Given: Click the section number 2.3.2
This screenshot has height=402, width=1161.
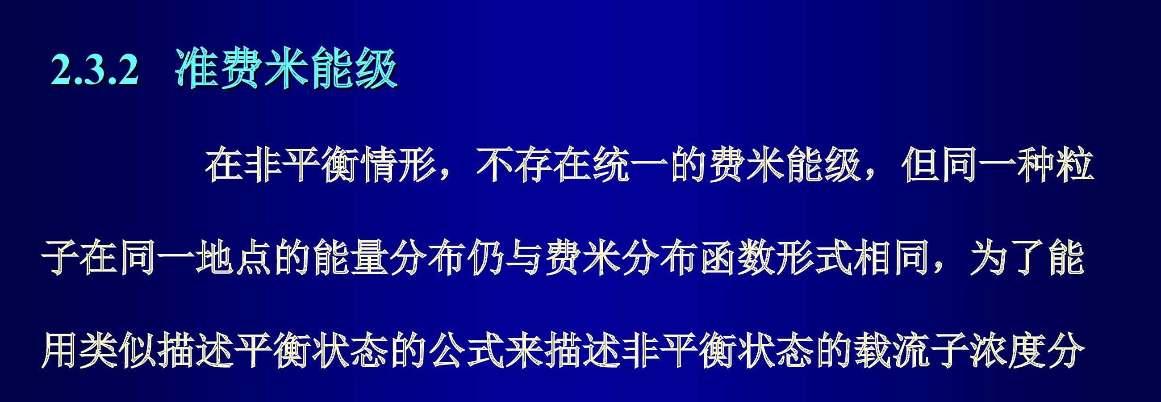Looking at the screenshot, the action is (x=95, y=69).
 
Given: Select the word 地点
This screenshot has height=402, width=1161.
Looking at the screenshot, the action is (x=234, y=258).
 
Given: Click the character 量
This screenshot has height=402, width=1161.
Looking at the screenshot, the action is (x=370, y=258).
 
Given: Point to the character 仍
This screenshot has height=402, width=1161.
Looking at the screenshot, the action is (x=486, y=258).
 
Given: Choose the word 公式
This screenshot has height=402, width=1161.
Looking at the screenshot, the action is (x=467, y=351).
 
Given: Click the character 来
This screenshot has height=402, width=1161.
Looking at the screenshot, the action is (x=525, y=351).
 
